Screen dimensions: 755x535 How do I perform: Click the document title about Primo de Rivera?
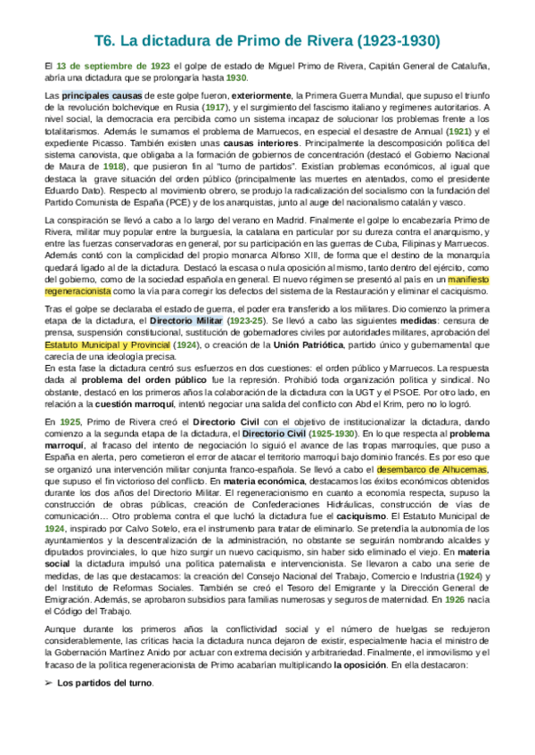click(267, 41)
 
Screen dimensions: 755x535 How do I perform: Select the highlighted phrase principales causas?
click(95, 94)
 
